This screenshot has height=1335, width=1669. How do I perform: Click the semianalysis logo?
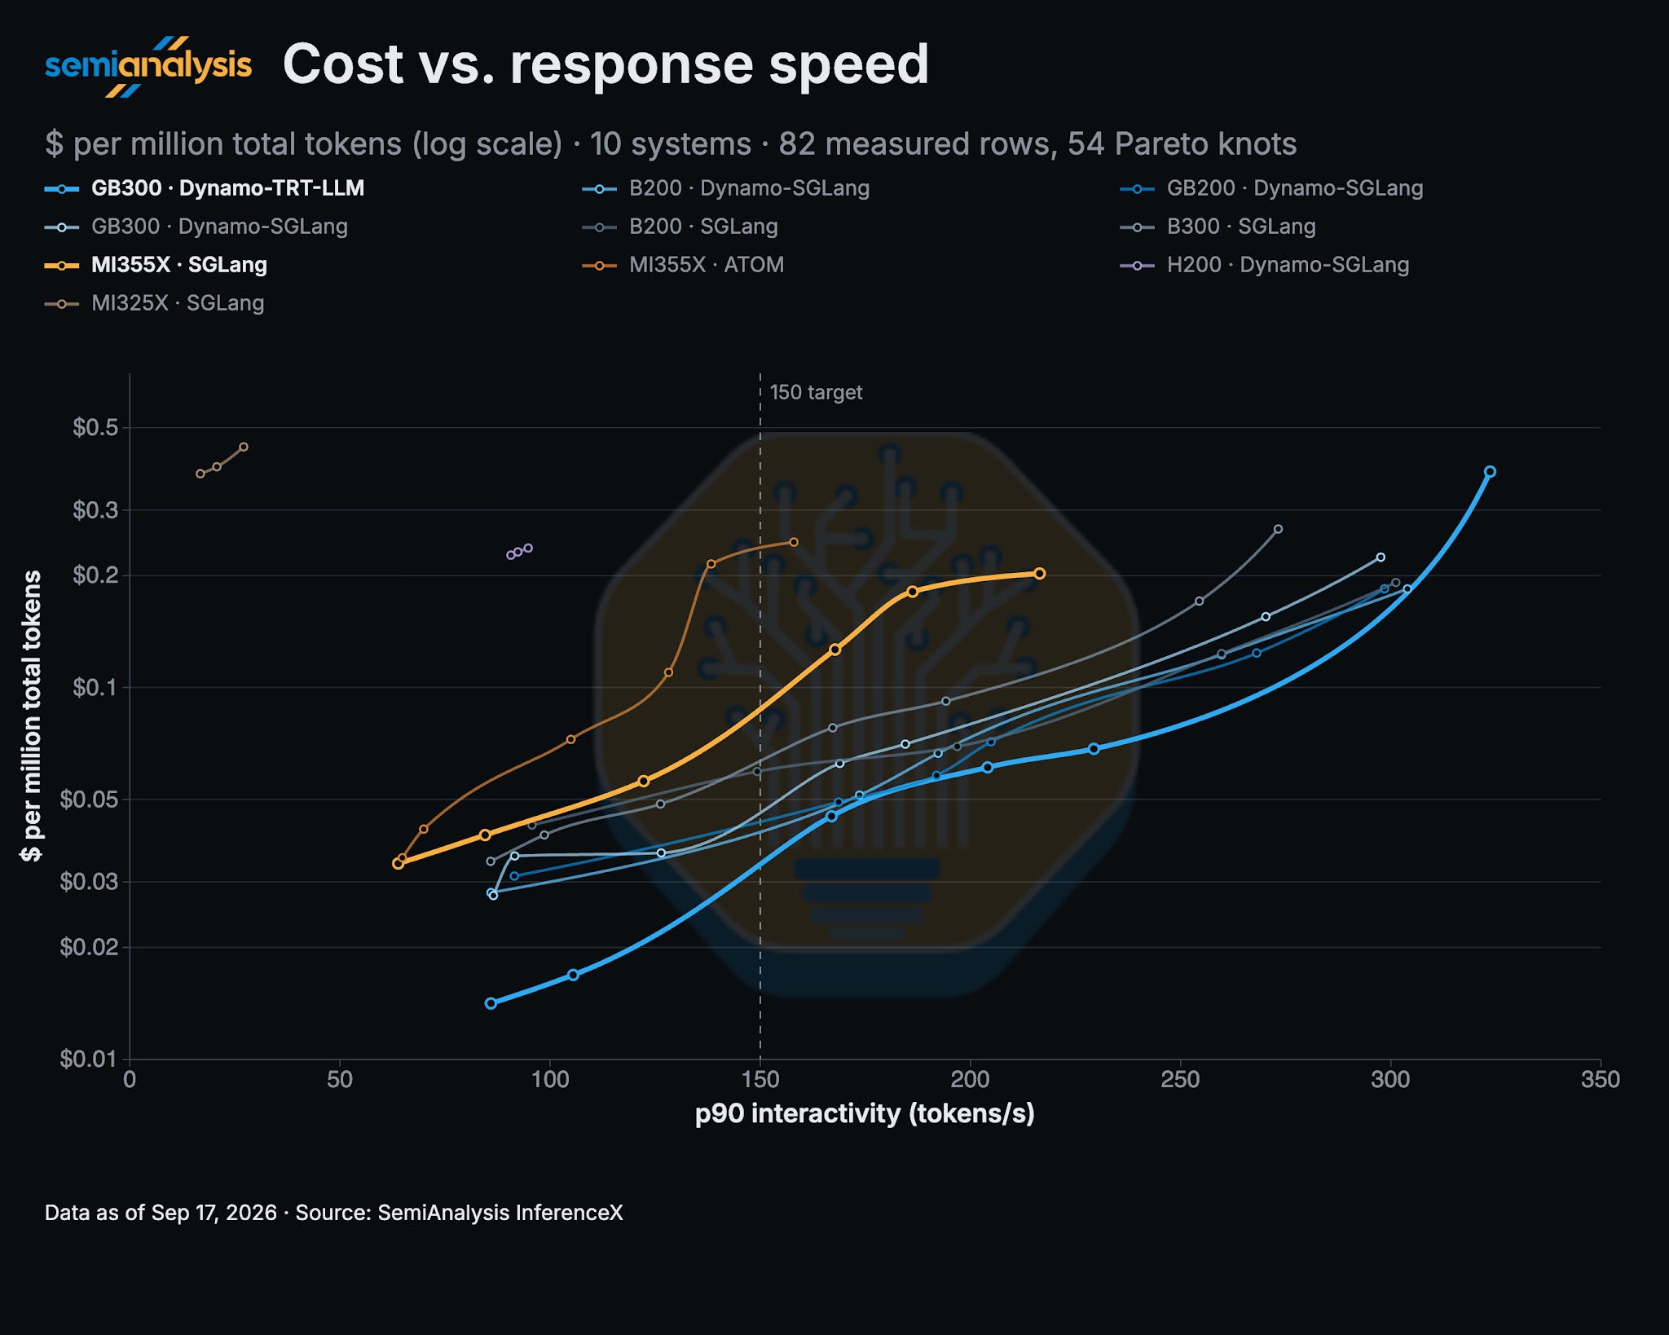148,66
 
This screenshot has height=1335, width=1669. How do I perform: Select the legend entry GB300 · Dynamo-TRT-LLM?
205,188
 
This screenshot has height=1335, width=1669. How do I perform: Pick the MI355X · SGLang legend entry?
156,265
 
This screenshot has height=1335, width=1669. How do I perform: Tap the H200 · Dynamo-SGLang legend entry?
1265,265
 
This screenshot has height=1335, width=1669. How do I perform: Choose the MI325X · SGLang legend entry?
155,303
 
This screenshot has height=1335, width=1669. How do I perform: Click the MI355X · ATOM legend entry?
683,265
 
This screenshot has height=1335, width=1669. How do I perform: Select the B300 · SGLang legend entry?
1218,227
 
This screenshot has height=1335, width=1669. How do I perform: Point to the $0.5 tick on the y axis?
95,428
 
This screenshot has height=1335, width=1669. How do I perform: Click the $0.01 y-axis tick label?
89,1059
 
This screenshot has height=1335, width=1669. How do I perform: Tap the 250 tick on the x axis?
1181,1080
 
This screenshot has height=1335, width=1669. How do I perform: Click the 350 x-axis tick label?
1601,1080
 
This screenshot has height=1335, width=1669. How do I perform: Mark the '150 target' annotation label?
816,393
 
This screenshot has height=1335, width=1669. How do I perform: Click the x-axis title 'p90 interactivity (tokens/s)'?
865,1114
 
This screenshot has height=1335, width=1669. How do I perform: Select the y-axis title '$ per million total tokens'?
31,716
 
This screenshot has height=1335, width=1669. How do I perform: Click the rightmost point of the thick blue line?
1490,472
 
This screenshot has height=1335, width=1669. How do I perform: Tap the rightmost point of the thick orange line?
1040,574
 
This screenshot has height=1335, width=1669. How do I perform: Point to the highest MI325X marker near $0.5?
244,447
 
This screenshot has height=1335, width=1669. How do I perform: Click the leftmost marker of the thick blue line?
491,1003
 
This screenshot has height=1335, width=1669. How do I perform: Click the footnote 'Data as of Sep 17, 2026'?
161,1213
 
